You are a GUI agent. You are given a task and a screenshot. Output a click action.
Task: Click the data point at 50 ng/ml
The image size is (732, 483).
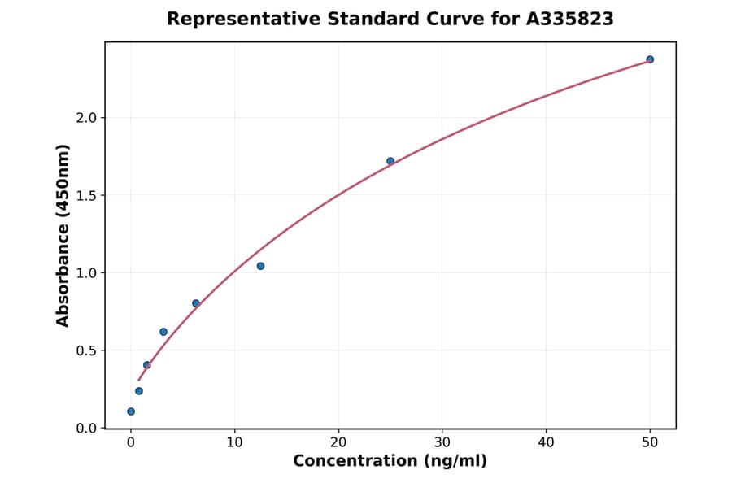click(650, 59)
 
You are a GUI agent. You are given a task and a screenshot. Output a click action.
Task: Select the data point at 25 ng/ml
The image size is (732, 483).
click(390, 161)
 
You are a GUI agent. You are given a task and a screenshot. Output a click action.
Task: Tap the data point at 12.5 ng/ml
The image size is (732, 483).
click(260, 266)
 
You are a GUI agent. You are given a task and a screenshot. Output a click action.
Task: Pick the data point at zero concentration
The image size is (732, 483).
click(131, 411)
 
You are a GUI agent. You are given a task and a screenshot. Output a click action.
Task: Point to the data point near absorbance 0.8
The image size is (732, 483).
click(196, 303)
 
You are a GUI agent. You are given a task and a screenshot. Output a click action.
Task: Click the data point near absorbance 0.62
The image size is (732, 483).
click(163, 332)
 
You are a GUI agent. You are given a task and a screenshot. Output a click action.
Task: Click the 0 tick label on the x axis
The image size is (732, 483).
click(131, 442)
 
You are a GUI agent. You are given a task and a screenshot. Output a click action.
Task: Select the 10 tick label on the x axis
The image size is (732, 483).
click(234, 442)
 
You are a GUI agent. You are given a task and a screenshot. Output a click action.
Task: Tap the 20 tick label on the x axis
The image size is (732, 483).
click(338, 442)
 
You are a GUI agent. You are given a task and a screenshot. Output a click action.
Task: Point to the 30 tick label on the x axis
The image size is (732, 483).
click(442, 442)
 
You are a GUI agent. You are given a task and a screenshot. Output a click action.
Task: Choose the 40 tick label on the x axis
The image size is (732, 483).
click(546, 442)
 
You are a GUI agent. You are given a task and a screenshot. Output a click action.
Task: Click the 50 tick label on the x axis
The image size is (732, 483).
click(650, 442)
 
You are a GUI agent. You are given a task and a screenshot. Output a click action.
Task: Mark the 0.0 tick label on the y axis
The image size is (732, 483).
click(85, 429)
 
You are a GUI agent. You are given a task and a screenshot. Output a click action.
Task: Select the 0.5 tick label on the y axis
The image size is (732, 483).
click(85, 350)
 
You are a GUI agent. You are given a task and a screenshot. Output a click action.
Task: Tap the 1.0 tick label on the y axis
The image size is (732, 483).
click(85, 273)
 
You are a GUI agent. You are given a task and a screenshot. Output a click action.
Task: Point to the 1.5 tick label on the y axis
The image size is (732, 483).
click(85, 195)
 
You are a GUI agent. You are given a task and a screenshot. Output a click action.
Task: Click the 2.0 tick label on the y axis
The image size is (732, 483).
click(85, 118)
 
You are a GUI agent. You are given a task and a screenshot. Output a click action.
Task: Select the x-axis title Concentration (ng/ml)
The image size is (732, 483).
click(390, 462)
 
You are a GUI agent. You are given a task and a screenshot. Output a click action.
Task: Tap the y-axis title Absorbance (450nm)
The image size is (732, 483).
click(63, 235)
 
